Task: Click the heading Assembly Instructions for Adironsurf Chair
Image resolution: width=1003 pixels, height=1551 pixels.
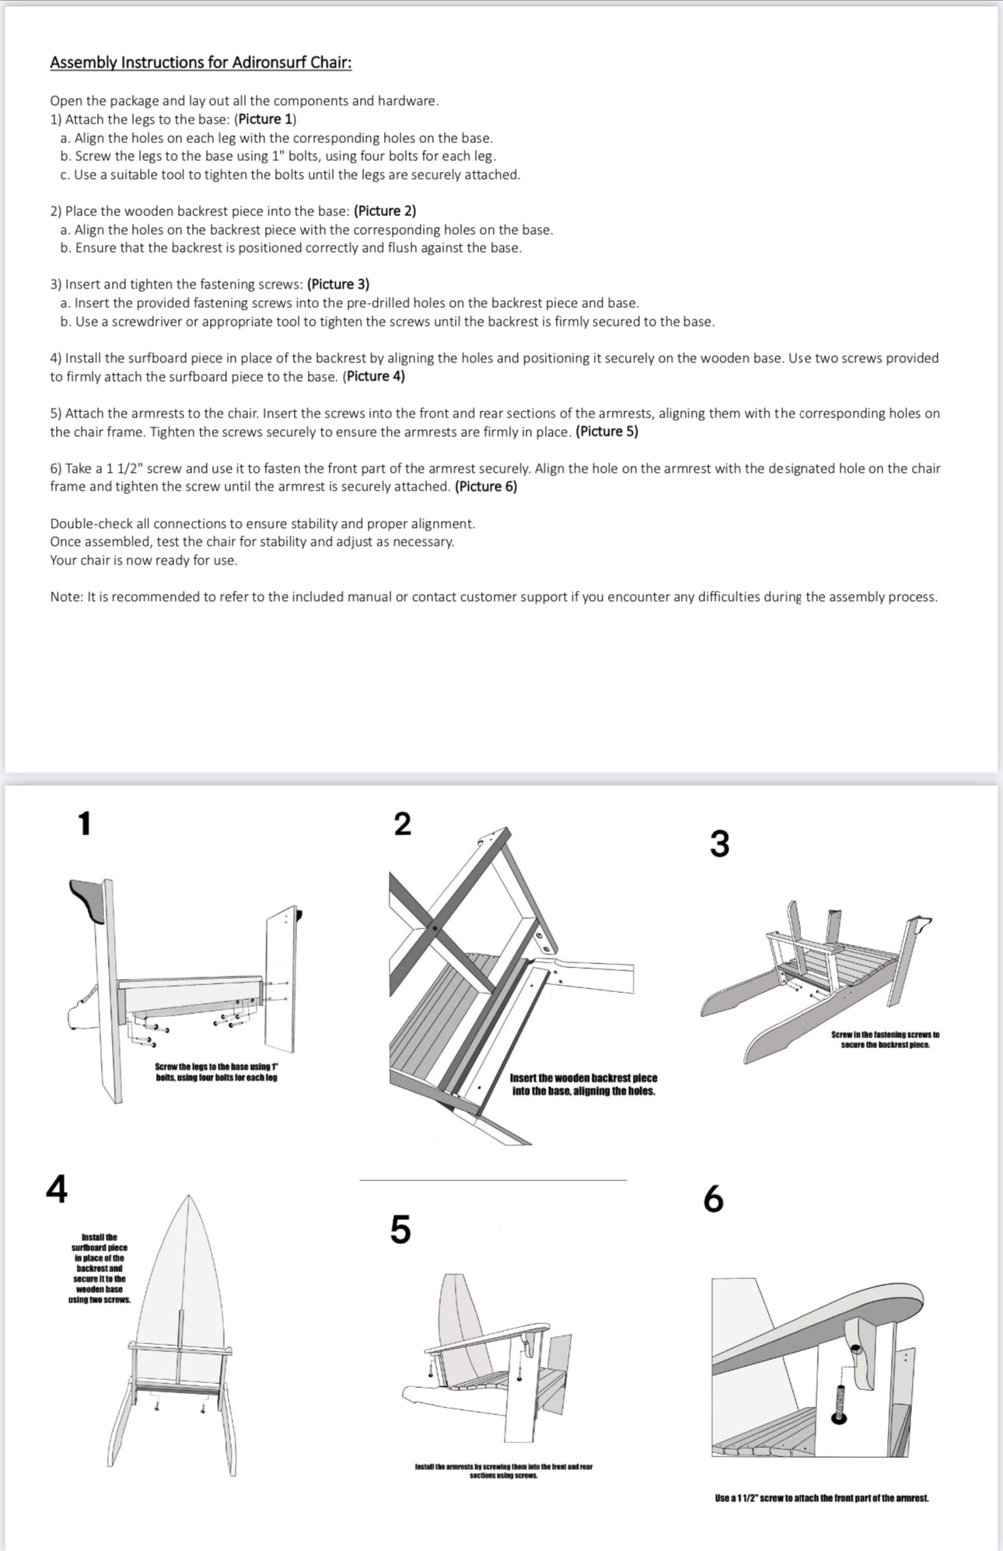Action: click(x=201, y=62)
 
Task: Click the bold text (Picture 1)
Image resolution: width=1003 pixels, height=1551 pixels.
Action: click(x=265, y=119)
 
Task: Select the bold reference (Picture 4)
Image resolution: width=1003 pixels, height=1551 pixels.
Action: click(x=373, y=376)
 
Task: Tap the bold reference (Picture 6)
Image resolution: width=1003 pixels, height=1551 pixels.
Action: click(x=486, y=487)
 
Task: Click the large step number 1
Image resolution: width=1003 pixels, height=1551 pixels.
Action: click(x=84, y=823)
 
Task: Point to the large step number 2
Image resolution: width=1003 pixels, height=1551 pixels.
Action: click(x=402, y=823)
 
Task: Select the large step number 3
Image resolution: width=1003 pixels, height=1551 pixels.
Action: click(x=719, y=844)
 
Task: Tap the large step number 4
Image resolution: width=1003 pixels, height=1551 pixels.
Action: click(x=57, y=1188)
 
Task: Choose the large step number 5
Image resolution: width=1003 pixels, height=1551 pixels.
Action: click(x=400, y=1229)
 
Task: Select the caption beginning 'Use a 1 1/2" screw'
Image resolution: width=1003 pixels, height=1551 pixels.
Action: click(x=822, y=1497)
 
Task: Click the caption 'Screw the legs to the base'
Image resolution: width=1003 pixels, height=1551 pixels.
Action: click(x=216, y=1072)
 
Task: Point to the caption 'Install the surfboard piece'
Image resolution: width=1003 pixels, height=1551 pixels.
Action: click(x=99, y=1268)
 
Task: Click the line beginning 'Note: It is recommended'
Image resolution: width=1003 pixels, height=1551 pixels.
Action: click(x=493, y=597)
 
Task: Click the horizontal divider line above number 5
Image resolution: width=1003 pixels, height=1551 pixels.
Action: click(x=492, y=1180)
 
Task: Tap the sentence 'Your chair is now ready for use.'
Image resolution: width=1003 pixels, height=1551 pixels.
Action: click(x=144, y=561)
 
